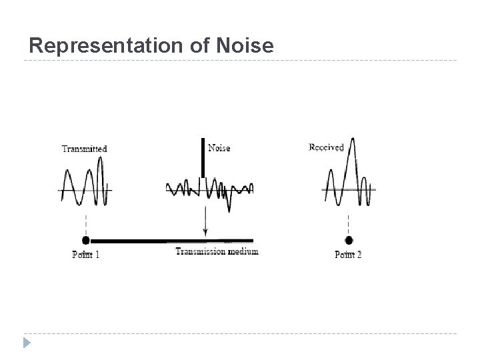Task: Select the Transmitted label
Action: (84, 149)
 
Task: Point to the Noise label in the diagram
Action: (219, 148)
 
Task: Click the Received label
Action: (326, 147)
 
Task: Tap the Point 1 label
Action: (85, 255)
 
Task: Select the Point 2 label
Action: (348, 254)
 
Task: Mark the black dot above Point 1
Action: (85, 240)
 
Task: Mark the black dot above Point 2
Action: (349, 240)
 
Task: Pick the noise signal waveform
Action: (210, 189)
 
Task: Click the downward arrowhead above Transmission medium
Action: (205, 232)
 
